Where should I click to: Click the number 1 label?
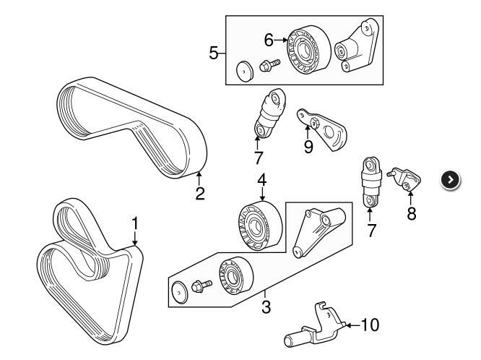134,224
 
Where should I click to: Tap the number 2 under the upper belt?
200,193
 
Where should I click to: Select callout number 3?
266,307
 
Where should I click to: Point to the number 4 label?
261,179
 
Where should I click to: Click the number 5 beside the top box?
213,53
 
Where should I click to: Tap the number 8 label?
412,213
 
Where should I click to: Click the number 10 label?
368,325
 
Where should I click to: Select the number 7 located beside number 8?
371,231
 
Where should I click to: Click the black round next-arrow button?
450,180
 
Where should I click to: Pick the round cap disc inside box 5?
246,72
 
